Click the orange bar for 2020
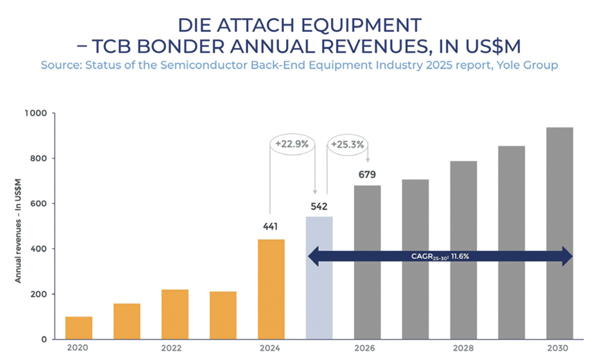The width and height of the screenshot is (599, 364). (79, 328)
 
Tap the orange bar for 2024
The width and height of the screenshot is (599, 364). (271, 289)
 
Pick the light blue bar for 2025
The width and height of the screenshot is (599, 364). (319, 277)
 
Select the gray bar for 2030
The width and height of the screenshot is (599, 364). (559, 233)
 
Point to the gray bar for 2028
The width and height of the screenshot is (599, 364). (463, 250)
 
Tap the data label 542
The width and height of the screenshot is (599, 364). (319, 206)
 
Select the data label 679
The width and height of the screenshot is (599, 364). (367, 174)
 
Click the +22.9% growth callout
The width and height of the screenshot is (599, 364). (291, 144)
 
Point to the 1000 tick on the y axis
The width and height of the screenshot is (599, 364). (35, 113)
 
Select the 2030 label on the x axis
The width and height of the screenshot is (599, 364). (559, 349)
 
